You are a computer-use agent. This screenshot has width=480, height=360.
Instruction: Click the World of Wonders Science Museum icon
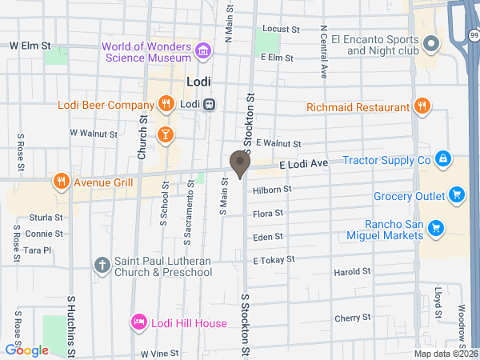(203, 53)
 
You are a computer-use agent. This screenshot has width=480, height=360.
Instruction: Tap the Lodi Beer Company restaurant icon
(166, 103)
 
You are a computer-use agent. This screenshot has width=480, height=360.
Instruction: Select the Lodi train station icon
(209, 104)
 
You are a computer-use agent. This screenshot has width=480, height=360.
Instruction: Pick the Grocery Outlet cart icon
(456, 194)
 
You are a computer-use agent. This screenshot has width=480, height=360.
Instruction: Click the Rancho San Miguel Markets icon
(436, 229)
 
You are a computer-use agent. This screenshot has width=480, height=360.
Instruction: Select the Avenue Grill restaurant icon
(60, 182)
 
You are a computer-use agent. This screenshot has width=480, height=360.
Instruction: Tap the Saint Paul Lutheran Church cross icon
(102, 265)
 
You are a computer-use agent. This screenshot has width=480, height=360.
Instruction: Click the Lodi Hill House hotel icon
(138, 322)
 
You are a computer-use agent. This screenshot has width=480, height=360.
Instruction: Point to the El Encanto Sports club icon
(433, 44)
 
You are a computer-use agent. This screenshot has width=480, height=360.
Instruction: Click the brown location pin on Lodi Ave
(239, 163)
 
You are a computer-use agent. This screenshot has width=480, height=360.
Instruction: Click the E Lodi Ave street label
(304, 163)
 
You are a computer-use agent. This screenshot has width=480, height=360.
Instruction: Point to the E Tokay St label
(274, 259)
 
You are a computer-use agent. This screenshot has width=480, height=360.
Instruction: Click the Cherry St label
(348, 318)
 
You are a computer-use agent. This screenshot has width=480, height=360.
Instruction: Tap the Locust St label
(281, 29)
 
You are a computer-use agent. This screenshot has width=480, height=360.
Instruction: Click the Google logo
(26, 350)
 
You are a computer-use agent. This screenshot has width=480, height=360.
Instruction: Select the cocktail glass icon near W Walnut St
(165, 134)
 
